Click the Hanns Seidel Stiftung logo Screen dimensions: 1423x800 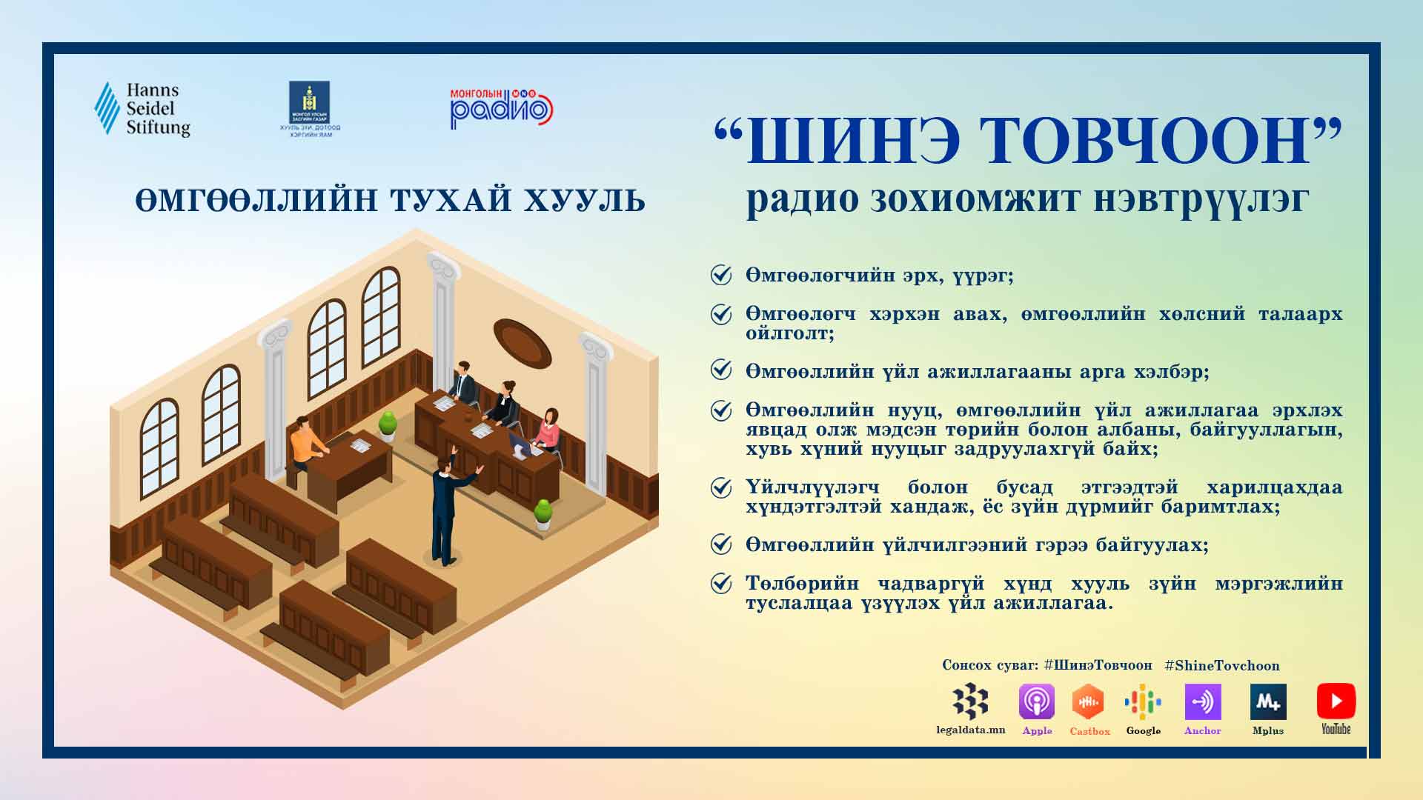pos(142,109)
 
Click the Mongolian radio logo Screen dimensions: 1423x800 pos(502,108)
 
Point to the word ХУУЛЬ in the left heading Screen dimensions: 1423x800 pos(585,201)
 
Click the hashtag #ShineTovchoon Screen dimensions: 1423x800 pos(1222,665)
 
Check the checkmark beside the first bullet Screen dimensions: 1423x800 pos(721,275)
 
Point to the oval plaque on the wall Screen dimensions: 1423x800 pos(523,343)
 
